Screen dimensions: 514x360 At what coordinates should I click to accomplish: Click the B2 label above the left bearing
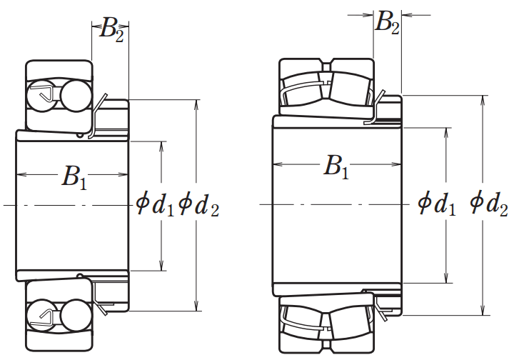[x=112, y=29]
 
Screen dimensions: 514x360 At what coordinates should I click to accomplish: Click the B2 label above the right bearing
[x=387, y=22]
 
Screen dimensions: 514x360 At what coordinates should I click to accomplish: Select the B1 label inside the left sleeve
[x=74, y=177]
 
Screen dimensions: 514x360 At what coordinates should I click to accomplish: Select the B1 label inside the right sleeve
[x=336, y=167]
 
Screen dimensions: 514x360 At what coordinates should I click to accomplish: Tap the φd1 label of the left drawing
[x=155, y=206]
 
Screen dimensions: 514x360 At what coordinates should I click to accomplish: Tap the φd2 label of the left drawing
[x=198, y=206]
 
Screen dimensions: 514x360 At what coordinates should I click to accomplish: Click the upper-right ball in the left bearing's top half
[x=76, y=95]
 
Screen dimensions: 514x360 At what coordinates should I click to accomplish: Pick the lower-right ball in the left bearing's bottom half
[x=76, y=316]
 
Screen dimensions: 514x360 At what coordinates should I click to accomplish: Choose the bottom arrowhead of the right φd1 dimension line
[x=445, y=278]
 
